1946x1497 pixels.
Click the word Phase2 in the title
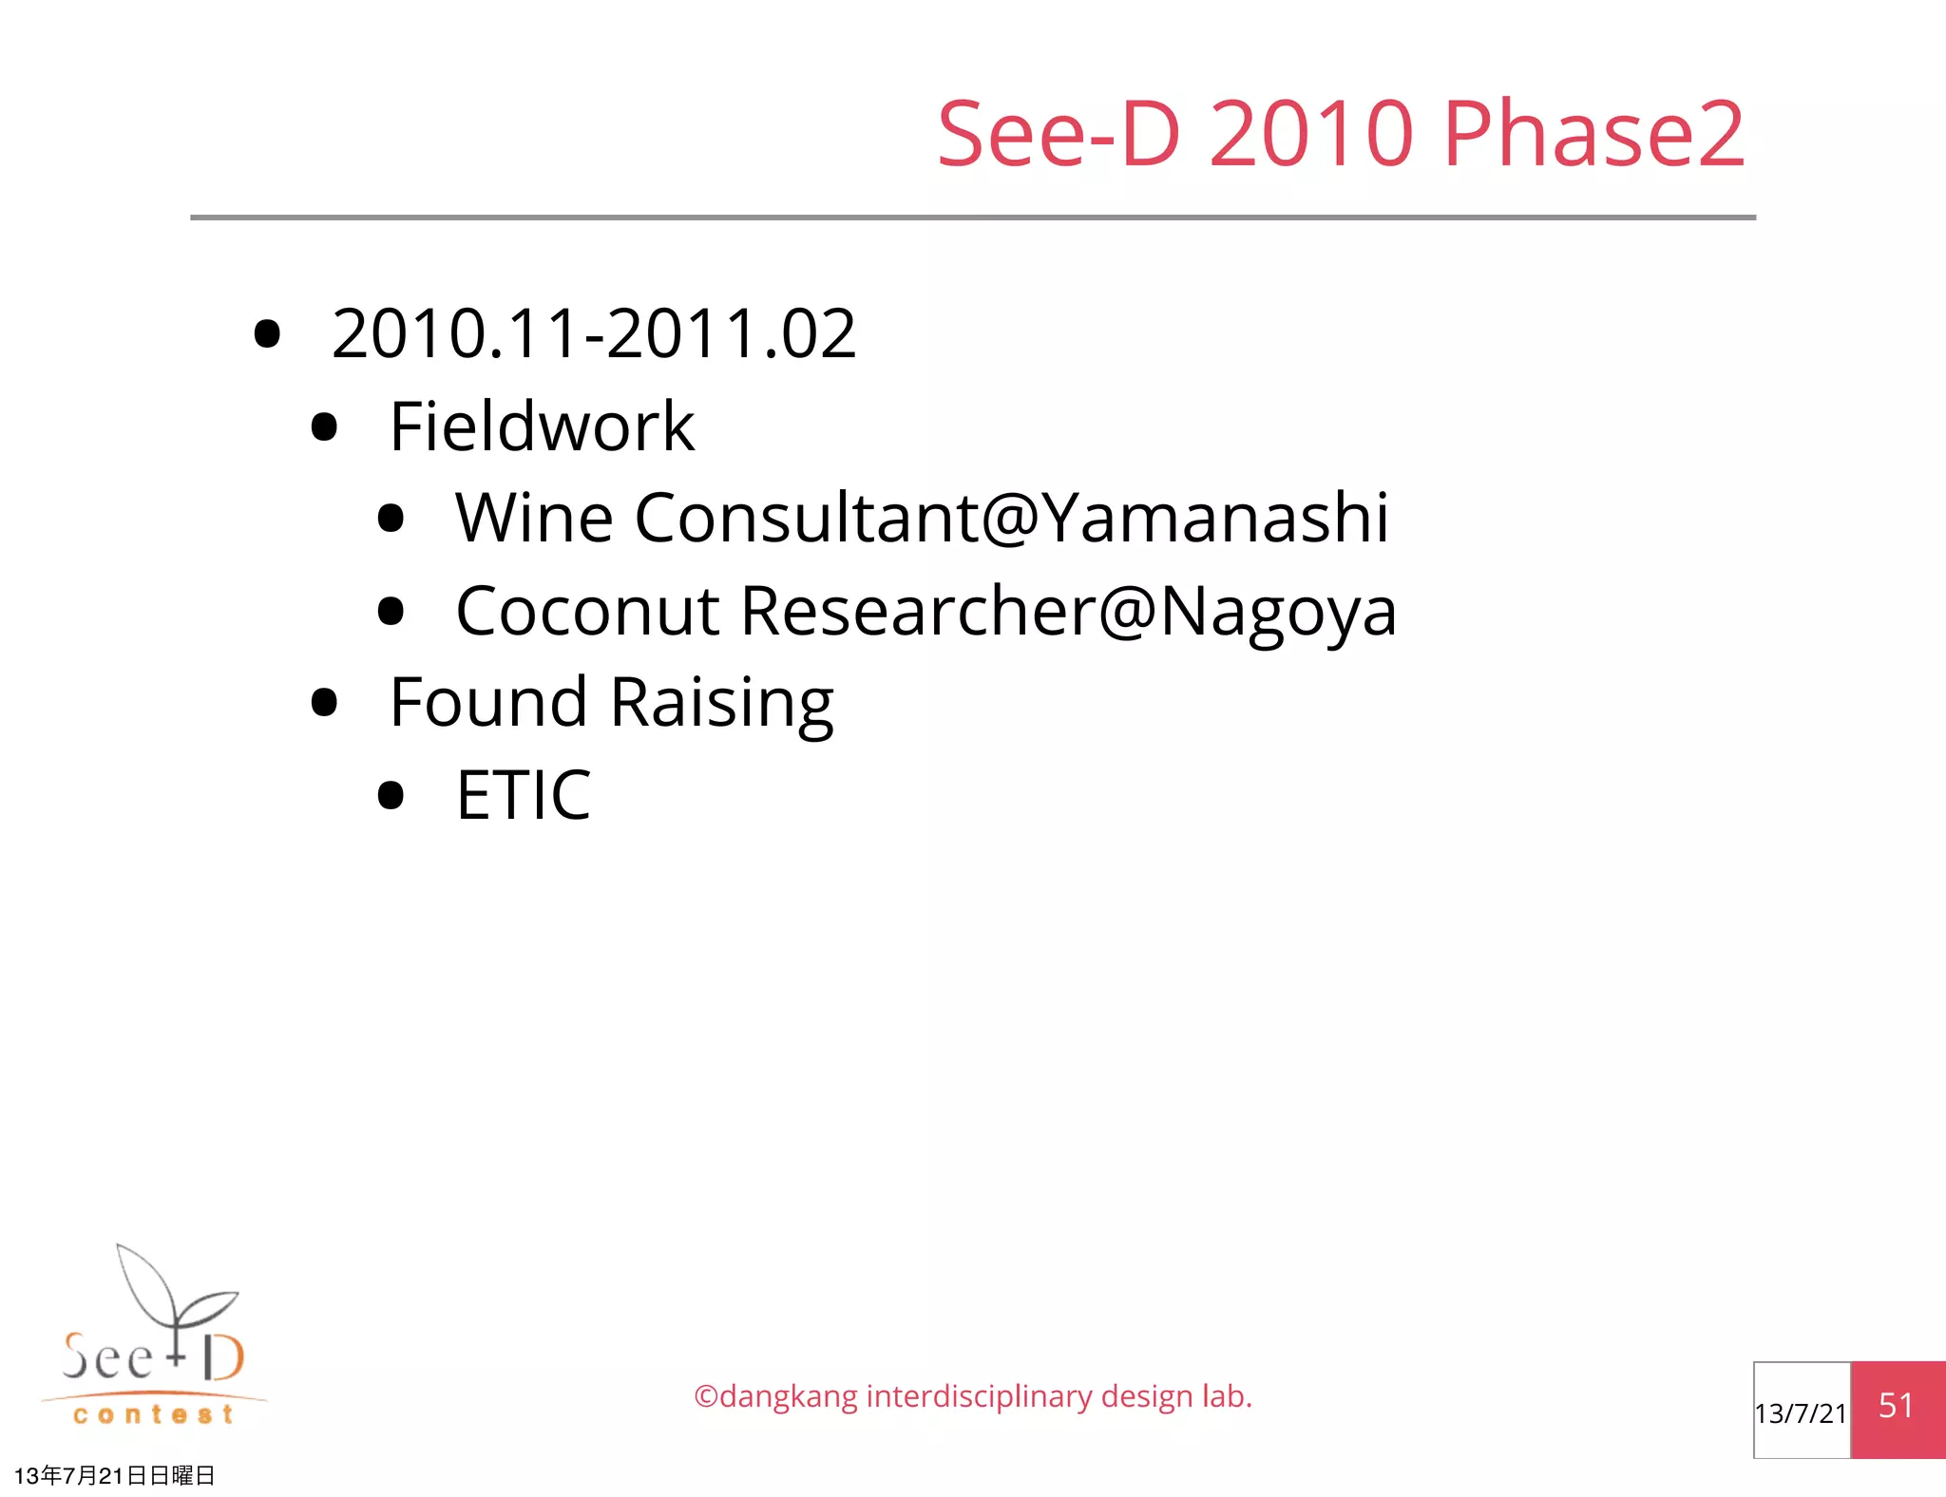1593,134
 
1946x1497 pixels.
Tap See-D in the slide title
1059,134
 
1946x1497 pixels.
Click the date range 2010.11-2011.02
594,334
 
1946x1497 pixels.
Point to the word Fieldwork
542,426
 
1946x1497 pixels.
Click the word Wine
534,519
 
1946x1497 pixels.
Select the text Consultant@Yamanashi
1011,519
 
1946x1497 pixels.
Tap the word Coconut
587,611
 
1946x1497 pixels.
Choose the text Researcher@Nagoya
1068,611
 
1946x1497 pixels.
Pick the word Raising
721,703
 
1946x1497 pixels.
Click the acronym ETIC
524,795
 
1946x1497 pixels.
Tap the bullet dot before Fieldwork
325,427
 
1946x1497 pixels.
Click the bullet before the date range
268,334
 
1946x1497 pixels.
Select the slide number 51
1896,1406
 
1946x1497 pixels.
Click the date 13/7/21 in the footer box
1801,1413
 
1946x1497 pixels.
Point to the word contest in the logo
153,1415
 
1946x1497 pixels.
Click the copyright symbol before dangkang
705,1397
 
